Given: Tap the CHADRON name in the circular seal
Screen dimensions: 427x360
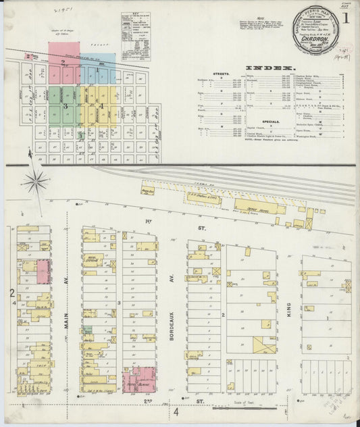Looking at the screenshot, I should [319, 30].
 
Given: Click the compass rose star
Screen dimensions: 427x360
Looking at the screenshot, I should [36, 182].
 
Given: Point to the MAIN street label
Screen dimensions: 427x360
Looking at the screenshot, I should [68, 324].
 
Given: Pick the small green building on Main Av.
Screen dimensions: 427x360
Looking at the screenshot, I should [87, 331].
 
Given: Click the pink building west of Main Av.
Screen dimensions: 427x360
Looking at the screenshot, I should [43, 272].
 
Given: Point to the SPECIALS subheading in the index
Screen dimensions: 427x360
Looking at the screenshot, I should [234, 123].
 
